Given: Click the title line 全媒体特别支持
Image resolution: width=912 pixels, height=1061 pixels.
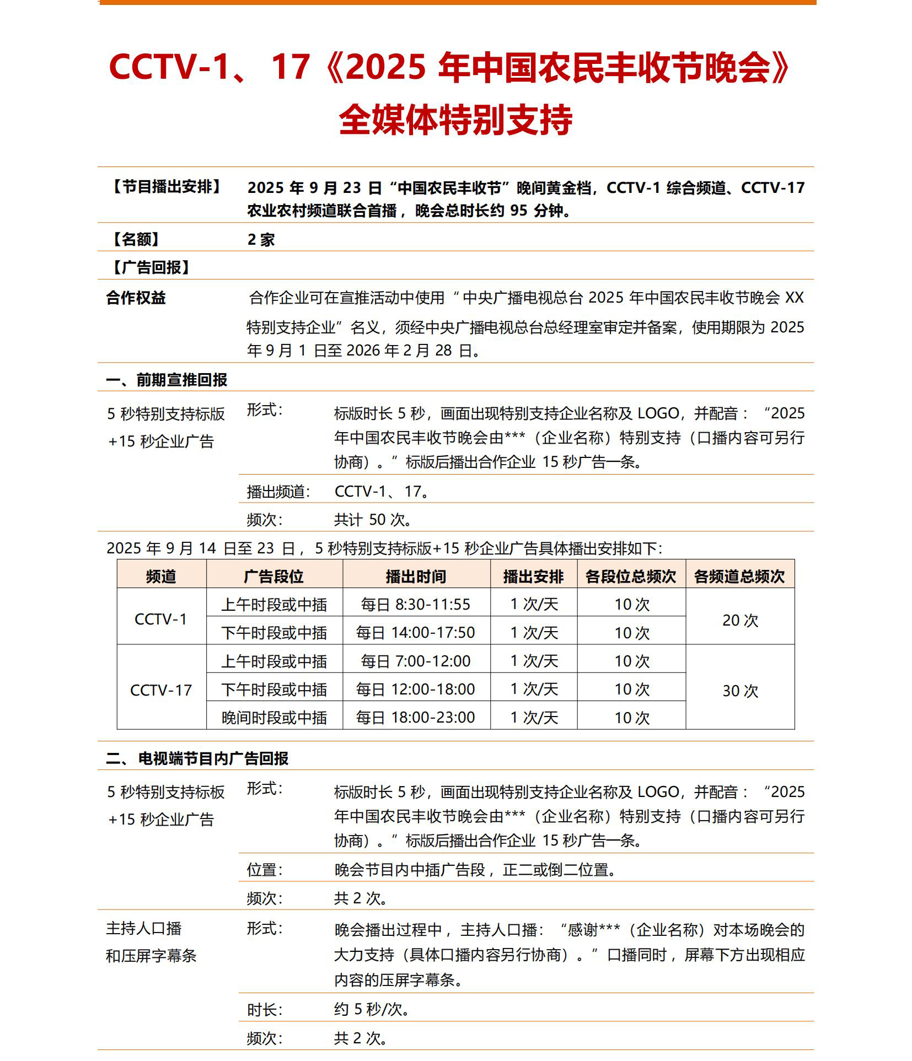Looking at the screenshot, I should coord(455,120).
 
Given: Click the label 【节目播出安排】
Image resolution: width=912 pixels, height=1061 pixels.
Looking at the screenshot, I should coord(167,187).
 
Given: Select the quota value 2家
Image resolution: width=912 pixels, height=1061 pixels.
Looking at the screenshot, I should coord(261,240).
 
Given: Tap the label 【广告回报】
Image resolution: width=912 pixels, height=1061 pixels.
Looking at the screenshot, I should coord(151,268).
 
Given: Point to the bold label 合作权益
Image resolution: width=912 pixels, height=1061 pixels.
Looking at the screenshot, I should coord(136,298).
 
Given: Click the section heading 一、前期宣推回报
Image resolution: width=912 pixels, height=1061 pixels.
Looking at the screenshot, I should coord(167,380).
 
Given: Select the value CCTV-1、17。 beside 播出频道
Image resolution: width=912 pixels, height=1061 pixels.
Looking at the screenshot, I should coord(382,491).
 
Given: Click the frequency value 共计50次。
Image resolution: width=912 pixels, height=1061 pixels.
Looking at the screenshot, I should coord(373,520).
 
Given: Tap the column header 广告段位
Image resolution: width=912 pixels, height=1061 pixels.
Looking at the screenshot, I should coord(274,577).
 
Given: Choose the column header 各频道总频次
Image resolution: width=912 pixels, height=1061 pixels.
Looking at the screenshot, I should coord(739,577).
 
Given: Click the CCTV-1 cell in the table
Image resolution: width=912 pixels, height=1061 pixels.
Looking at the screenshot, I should coord(161,619).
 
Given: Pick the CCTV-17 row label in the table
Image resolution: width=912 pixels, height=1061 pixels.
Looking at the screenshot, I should coord(161,690).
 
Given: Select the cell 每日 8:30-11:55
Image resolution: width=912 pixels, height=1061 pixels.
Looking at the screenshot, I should coord(416,605).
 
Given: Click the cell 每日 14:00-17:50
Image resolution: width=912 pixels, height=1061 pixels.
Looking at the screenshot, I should coord(416,633).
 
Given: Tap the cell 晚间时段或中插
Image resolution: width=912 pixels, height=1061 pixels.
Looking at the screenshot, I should coord(274,718).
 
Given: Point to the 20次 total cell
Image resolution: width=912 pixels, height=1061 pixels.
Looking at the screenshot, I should coord(740,620).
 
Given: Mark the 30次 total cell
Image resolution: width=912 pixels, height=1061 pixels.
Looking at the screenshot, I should coord(740,691).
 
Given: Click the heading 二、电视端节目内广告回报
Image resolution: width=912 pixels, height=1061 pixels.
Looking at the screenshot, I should coord(197,758).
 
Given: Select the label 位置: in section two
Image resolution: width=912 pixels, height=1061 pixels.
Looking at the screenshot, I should coord(265,870).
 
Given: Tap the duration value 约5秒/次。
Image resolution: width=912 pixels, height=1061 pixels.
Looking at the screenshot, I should coord(372,1009).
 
